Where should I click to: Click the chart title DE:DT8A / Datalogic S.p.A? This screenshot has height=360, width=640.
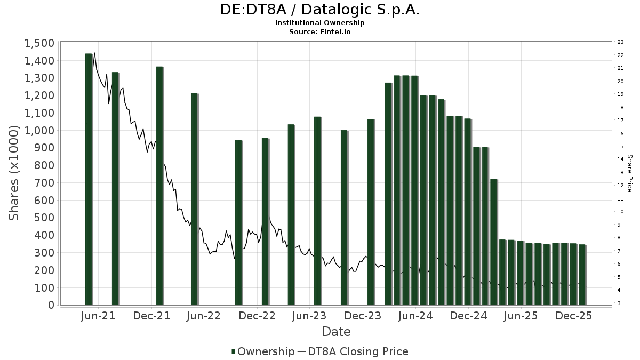click(319, 10)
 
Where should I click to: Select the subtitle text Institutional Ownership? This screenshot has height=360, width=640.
click(319, 23)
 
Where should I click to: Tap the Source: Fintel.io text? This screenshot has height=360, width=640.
click(319, 31)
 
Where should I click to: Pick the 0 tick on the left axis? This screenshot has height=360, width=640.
click(51, 305)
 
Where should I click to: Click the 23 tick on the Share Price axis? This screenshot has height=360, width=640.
click(621, 42)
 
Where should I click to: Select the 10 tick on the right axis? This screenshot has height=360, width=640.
click(621, 212)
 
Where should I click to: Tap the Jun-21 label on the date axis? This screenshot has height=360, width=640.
click(99, 316)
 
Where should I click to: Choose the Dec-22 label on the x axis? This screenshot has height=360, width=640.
click(257, 316)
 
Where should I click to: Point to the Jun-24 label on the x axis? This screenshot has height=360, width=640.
click(415, 316)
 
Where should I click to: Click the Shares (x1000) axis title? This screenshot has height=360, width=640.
click(14, 173)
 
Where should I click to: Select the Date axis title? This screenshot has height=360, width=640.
click(336, 332)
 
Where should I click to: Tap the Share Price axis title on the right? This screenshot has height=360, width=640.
click(629, 173)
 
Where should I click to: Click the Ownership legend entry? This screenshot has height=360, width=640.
click(263, 351)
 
